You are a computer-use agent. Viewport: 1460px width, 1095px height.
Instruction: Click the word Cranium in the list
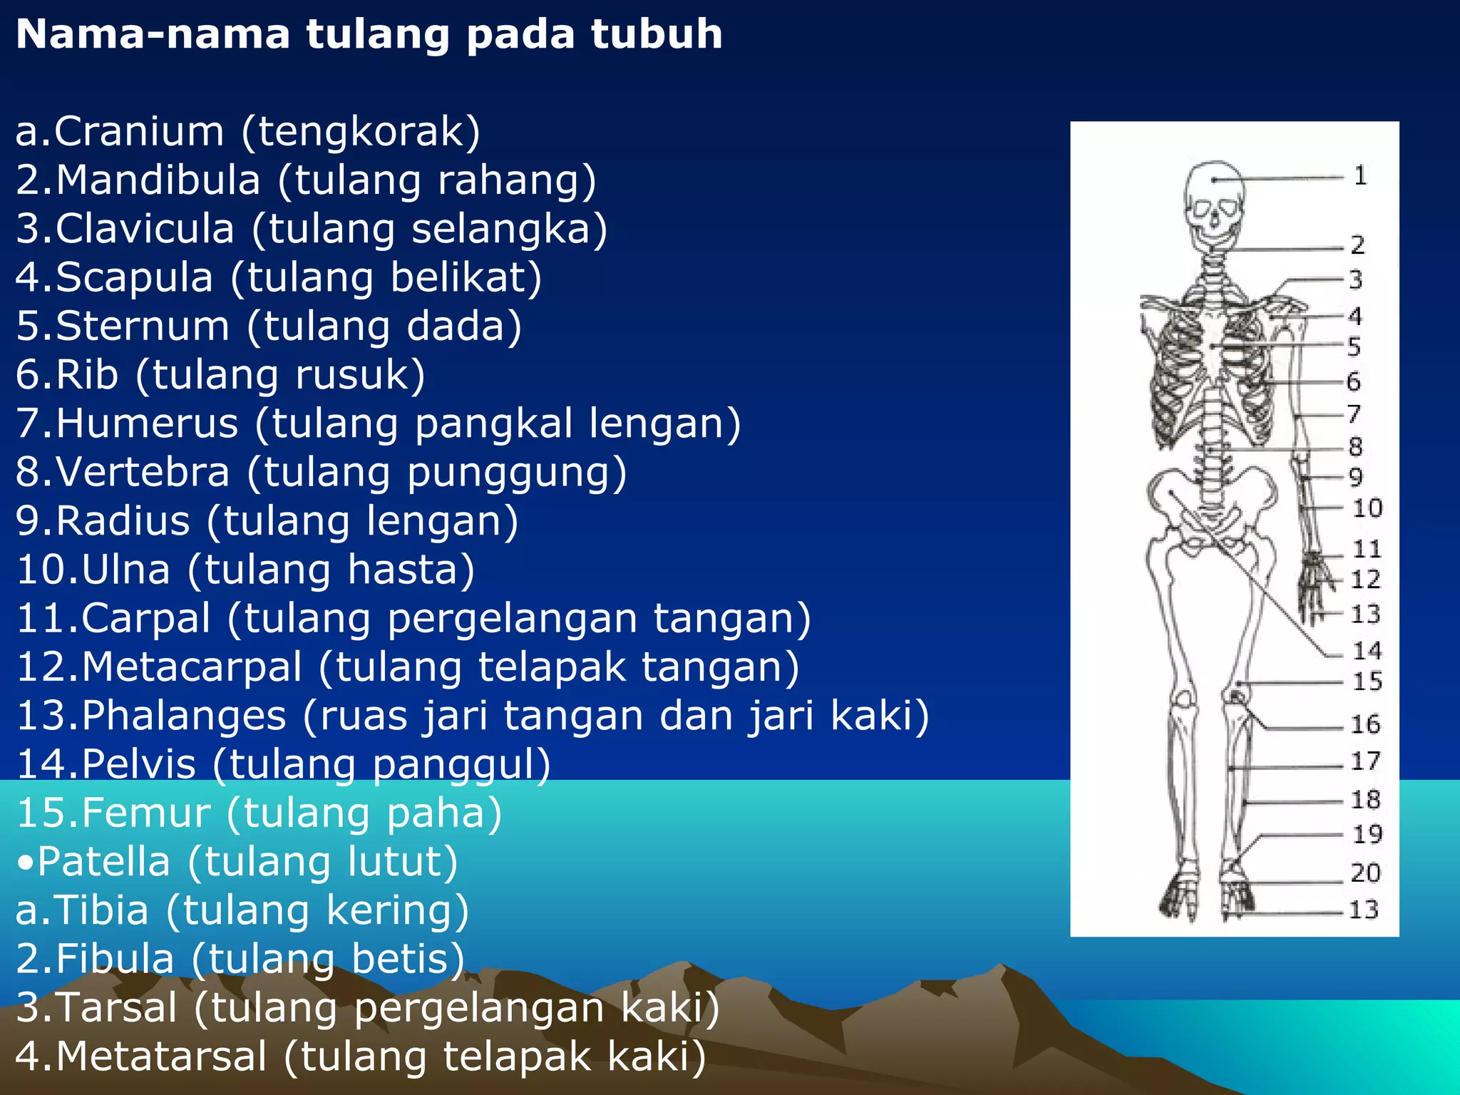pos(139,132)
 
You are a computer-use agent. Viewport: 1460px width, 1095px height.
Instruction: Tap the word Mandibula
pos(158,180)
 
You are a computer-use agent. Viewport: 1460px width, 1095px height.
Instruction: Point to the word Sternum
pos(143,327)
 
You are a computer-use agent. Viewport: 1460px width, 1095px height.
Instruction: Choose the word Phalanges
pos(183,716)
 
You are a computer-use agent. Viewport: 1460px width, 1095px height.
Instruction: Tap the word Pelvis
pos(138,764)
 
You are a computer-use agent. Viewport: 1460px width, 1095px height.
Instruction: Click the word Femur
pos(145,813)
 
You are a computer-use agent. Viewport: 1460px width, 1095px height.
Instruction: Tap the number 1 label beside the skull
pos(1360,175)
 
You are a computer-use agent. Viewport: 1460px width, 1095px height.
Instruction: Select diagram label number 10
pos(1367,508)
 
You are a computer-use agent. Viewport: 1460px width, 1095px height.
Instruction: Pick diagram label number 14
pos(1367,650)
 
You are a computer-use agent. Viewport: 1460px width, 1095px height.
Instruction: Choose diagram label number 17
pos(1366,761)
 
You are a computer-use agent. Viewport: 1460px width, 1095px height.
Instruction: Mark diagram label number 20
pos(1366,873)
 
